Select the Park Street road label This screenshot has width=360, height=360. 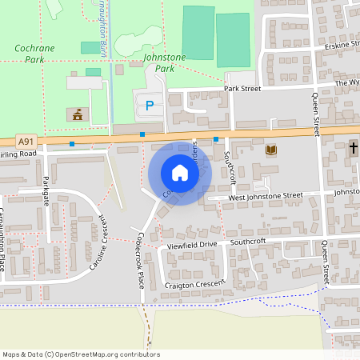pos(243,89)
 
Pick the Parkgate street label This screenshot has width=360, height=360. pos(46,190)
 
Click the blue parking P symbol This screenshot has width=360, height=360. pos(149,105)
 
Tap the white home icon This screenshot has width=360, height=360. pos(179,173)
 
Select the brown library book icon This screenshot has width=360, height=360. pos(270,150)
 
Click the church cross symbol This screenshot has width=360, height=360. pos(353,148)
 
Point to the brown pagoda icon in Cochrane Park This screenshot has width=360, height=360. pos(78,114)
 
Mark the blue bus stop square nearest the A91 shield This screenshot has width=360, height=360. pos(72,144)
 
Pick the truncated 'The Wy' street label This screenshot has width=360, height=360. pos(347,82)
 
